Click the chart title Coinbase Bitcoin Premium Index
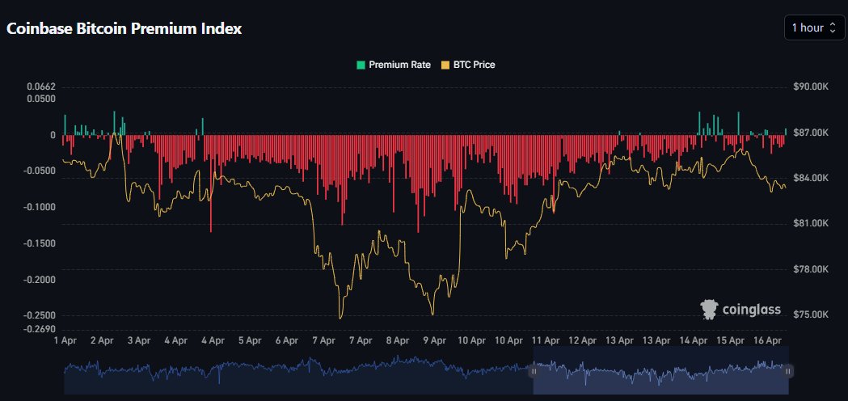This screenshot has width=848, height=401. pyautogui.click(x=124, y=28)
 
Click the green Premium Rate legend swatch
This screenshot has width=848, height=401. pyautogui.click(x=361, y=65)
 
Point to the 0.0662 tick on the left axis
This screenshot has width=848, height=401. pyautogui.click(x=41, y=87)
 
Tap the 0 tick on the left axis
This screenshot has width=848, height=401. pyautogui.click(x=53, y=135)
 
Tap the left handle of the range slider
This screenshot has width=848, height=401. pyautogui.click(x=534, y=372)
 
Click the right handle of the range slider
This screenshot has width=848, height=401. pyautogui.click(x=787, y=372)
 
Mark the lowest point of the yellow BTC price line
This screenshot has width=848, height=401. pyautogui.click(x=340, y=319)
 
